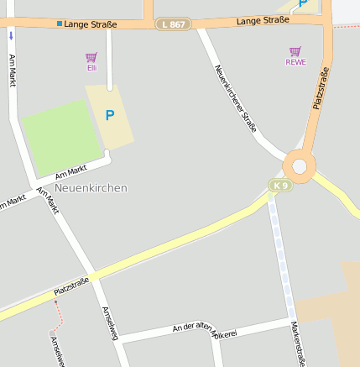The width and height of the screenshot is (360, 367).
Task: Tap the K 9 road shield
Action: point(279,185)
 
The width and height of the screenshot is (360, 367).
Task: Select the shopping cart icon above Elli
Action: point(91,56)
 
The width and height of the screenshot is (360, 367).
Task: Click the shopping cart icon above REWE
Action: point(295,51)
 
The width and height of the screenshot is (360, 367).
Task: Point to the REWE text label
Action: point(295,62)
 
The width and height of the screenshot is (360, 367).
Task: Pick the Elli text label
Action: point(91,67)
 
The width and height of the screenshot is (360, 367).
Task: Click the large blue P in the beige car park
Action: point(109,115)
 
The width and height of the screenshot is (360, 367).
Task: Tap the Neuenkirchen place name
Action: point(91,188)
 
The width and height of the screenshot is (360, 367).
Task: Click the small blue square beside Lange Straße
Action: point(60,24)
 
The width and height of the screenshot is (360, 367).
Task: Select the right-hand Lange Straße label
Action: point(263,20)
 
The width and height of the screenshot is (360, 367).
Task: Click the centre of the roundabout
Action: point(300,164)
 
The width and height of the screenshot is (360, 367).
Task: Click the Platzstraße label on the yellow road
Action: point(71,286)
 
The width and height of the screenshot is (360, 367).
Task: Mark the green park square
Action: point(61,137)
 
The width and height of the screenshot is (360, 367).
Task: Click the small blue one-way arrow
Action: point(11,36)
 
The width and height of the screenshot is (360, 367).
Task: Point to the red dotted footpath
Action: point(58,315)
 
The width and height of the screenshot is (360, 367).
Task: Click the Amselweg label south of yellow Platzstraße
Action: point(110,323)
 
